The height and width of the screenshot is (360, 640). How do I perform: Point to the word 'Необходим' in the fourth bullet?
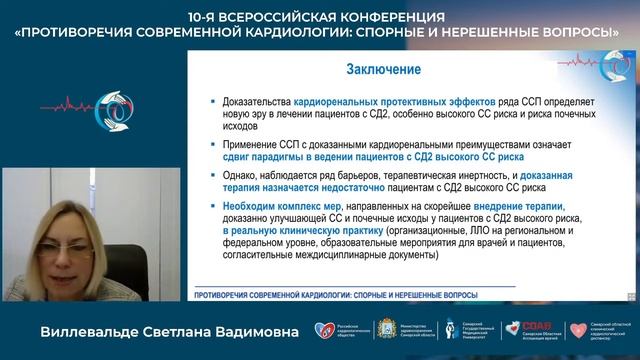[249, 204]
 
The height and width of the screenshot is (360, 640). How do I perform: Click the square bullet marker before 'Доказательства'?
[213, 103]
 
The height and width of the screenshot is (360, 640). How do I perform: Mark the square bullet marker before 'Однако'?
[213, 175]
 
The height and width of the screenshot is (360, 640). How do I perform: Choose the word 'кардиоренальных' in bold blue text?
[339, 102]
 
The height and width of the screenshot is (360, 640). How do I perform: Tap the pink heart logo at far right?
[578, 329]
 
